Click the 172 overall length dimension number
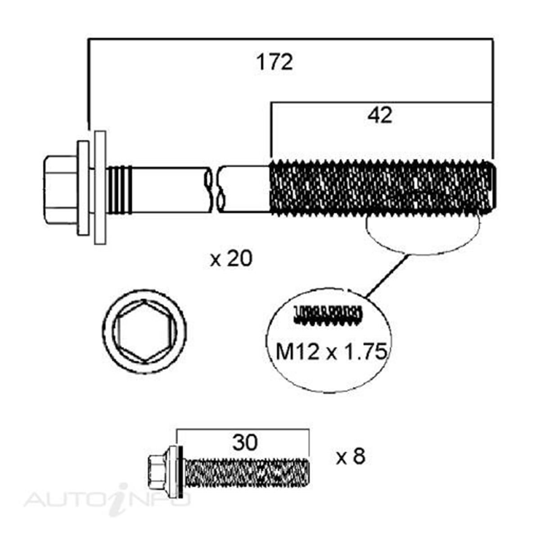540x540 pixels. (x=274, y=62)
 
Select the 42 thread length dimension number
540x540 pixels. (x=380, y=116)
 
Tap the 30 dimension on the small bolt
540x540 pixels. (x=245, y=443)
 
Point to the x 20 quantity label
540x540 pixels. (x=231, y=259)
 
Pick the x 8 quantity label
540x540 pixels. (x=351, y=457)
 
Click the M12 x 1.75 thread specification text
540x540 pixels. (x=331, y=352)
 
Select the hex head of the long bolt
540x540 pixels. (x=60, y=189)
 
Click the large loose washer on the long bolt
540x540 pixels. (x=100, y=188)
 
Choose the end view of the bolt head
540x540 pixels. (x=144, y=331)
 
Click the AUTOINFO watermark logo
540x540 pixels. (x=108, y=498)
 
